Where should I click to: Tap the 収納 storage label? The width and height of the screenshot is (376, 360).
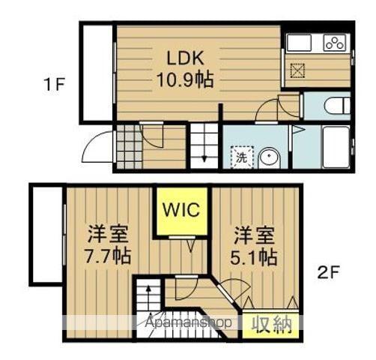tap(270, 323)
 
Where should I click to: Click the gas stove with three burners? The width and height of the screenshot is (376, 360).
tap(334, 43)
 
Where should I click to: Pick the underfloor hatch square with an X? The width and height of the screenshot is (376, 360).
tap(298, 72)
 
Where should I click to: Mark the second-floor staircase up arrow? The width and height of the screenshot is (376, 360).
tap(148, 294)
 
